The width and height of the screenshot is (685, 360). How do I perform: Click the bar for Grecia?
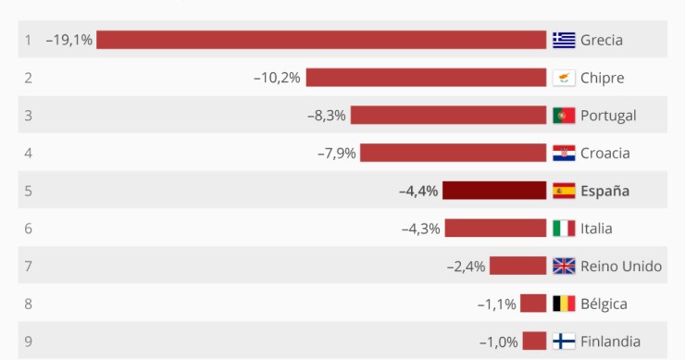(321, 40)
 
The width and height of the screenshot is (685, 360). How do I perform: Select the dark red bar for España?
(494, 191)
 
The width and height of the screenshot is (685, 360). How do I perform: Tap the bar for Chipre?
(426, 78)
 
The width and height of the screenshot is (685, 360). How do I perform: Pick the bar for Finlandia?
(534, 341)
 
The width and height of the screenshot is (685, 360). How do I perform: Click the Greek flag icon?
(564, 40)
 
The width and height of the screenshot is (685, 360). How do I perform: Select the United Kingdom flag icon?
(564, 267)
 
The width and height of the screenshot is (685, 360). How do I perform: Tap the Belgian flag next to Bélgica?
(564, 304)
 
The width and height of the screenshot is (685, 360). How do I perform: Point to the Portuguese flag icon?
(564, 116)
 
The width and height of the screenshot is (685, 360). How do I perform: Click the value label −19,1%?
(69, 40)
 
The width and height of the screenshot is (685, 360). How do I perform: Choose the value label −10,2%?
(277, 78)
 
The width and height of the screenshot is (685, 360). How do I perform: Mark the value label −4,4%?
(417, 192)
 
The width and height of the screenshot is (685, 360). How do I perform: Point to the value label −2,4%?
(466, 267)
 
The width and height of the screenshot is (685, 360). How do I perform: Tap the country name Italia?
(596, 229)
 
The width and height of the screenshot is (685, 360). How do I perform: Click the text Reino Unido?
(620, 267)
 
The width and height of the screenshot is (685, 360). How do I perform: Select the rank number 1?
(28, 40)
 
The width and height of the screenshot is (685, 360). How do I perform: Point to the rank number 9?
(28, 341)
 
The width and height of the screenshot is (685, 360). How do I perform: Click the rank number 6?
(28, 229)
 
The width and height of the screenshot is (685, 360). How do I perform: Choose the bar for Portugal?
(448, 116)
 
